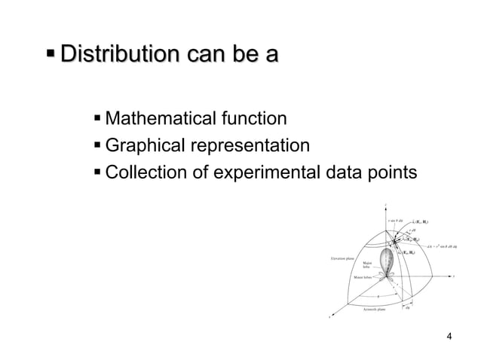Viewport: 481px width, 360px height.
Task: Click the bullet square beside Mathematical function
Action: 97,118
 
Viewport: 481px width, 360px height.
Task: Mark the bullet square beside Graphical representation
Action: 97,145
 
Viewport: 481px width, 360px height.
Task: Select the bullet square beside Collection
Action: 97,172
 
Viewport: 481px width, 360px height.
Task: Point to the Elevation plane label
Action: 344,258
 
